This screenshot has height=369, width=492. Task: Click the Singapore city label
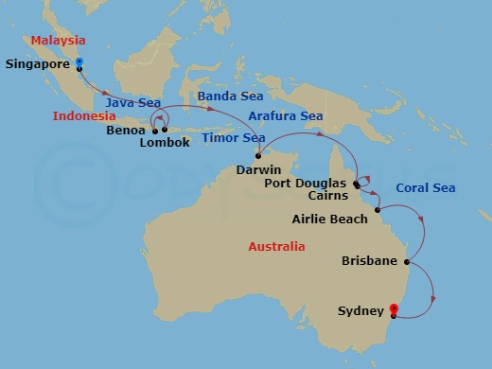[x=39, y=65]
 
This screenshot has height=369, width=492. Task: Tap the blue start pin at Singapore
[x=79, y=64]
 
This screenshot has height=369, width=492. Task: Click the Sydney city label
[x=360, y=310]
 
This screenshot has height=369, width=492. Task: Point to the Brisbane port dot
[x=406, y=262]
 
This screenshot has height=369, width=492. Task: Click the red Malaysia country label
[x=58, y=41]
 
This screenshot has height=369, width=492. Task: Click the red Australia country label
[x=275, y=246]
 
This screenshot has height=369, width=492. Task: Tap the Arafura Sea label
[x=285, y=116]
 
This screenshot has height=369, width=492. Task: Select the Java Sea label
[x=133, y=102]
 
